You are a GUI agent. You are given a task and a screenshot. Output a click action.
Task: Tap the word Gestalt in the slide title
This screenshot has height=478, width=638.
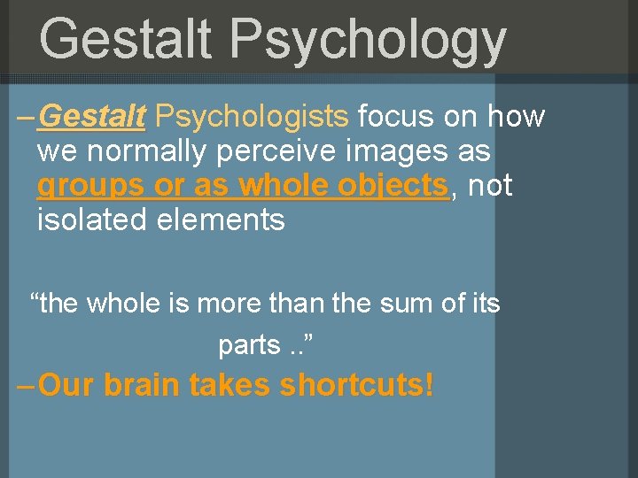pos(125,40)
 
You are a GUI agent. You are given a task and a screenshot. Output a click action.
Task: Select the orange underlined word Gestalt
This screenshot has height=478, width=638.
pos(93,116)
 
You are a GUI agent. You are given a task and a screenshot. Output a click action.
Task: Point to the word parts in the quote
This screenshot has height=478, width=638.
pos(249,344)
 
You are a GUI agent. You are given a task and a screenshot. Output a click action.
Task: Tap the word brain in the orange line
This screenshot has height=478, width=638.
pos(142,385)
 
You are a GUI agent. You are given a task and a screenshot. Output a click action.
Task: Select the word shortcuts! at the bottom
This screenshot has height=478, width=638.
pos(356,386)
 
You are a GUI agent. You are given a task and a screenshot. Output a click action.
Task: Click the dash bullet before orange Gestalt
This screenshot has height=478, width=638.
pos(27,116)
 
